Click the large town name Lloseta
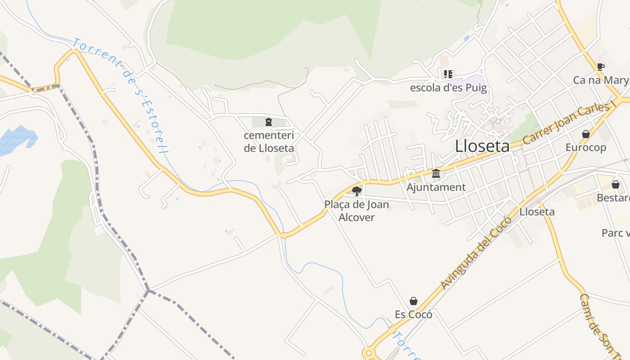click(x=482, y=146)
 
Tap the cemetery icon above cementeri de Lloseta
click(x=269, y=121)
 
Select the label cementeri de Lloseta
click(x=269, y=141)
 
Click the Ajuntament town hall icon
click(x=436, y=173)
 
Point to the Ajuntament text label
click(x=436, y=187)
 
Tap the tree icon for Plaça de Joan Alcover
click(x=357, y=191)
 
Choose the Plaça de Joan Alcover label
click(x=356, y=211)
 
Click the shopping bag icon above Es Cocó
click(x=413, y=301)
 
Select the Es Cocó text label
click(x=413, y=315)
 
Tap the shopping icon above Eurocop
click(x=585, y=134)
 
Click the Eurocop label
click(x=585, y=148)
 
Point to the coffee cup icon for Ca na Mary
click(x=600, y=67)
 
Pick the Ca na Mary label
click(x=600, y=81)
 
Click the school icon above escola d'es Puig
click(x=448, y=74)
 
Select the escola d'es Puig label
click(x=448, y=88)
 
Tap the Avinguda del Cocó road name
click(x=476, y=252)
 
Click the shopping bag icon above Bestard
click(x=615, y=184)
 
